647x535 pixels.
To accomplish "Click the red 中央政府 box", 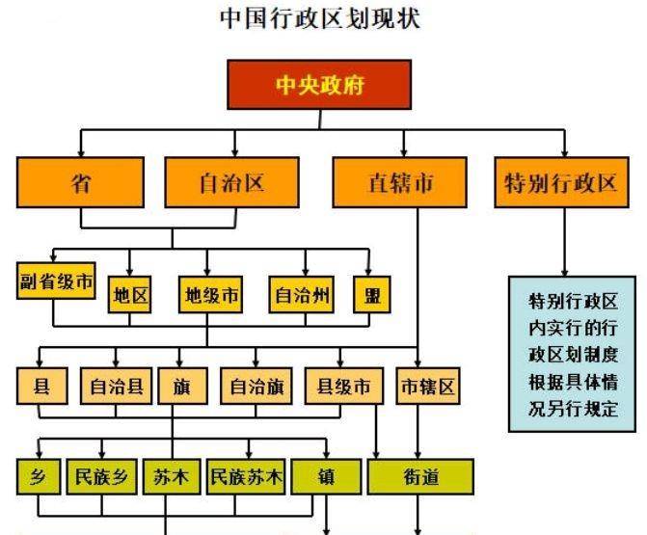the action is tap(319, 85).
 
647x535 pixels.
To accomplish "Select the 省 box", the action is tap(80, 182).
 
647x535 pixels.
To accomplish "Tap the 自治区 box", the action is tap(231, 182).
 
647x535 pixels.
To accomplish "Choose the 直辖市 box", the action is tap(400, 182).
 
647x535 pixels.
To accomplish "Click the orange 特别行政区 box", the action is tap(561, 182).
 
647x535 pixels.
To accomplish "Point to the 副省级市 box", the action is tap(56, 281).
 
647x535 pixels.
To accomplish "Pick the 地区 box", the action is tap(129, 295).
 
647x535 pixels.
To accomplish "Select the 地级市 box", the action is tap(210, 295).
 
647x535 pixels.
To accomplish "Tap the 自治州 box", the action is tap(301, 295).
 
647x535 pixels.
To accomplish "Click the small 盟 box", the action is tap(372, 295).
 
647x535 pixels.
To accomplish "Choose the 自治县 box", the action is tap(116, 387).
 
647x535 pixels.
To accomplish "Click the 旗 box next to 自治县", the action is tap(183, 387).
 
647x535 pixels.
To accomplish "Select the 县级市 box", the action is tap(343, 387).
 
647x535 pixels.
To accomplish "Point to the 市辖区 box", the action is tap(428, 387).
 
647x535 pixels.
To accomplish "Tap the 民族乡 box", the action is tap(101, 477).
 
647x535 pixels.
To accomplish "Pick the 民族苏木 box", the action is tap(246, 477).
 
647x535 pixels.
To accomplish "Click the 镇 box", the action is tap(326, 477).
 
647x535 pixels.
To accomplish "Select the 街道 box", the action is tap(420, 477).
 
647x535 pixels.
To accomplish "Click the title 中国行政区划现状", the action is tap(320, 18).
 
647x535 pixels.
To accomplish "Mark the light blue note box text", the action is tap(573, 355).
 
